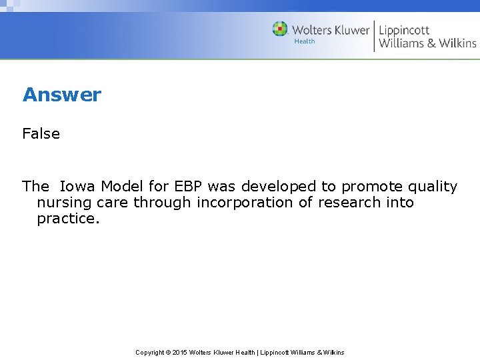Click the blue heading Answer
click(62, 95)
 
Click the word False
click(41, 133)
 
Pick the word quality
click(431, 187)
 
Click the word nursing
click(64, 203)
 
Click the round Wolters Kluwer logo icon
click(280, 29)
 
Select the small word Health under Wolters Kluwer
click(305, 41)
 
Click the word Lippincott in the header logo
click(404, 29)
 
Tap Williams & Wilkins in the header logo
click(427, 43)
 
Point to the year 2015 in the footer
click(179, 352)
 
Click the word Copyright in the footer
click(151, 352)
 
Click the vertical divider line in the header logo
click(374, 36)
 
